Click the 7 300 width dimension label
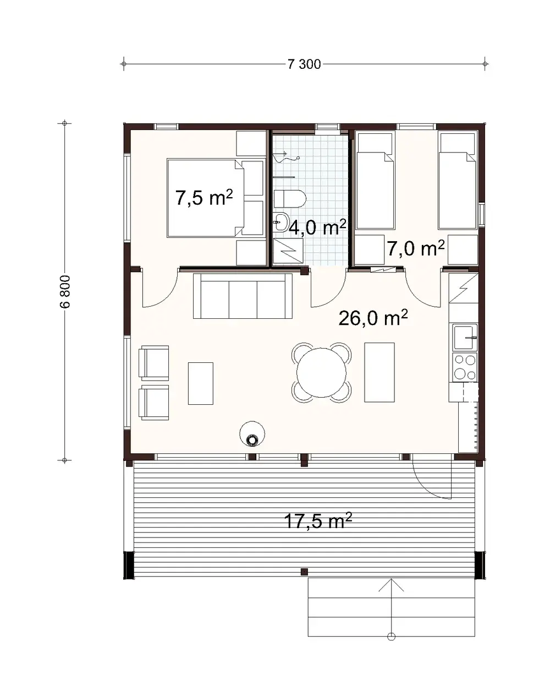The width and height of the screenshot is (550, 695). click(304, 64)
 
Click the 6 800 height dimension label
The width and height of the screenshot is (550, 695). click(65, 292)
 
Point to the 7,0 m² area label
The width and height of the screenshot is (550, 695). click(415, 248)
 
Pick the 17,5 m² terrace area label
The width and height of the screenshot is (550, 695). click(318, 520)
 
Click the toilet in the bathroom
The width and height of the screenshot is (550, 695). click(290, 199)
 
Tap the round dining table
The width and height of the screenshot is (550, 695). click(321, 372)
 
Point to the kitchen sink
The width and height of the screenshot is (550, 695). click(464, 336)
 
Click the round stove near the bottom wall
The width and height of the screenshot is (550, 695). click(252, 435)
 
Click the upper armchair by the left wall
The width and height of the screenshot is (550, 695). click(155, 362)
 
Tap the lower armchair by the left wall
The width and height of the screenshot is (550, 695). click(155, 402)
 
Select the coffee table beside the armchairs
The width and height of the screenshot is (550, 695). click(200, 383)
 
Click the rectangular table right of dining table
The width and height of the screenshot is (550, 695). click(379, 372)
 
